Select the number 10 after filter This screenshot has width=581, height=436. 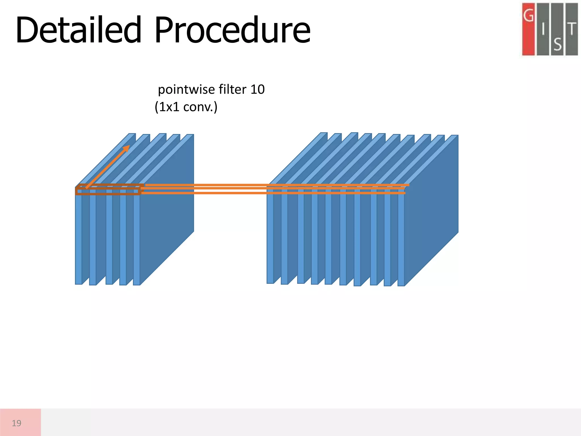pyautogui.click(x=257, y=90)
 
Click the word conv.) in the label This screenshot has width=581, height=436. pyautogui.click(x=200, y=107)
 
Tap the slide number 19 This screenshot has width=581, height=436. pyautogui.click(x=16, y=423)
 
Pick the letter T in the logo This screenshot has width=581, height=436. pyautogui.click(x=572, y=29)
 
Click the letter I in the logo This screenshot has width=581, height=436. pyautogui.click(x=543, y=29)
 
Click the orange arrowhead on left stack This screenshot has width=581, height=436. pyautogui.click(x=127, y=148)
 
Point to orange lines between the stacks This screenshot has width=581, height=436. pyautogui.click(x=204, y=189)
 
